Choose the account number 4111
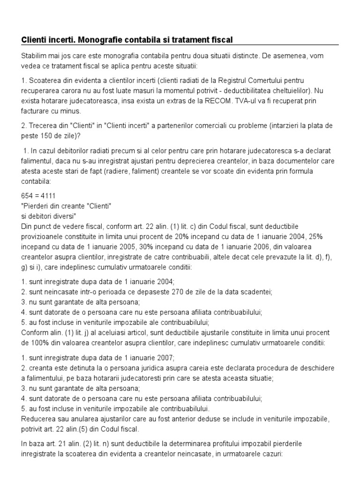[52, 194]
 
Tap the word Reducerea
[37, 419]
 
